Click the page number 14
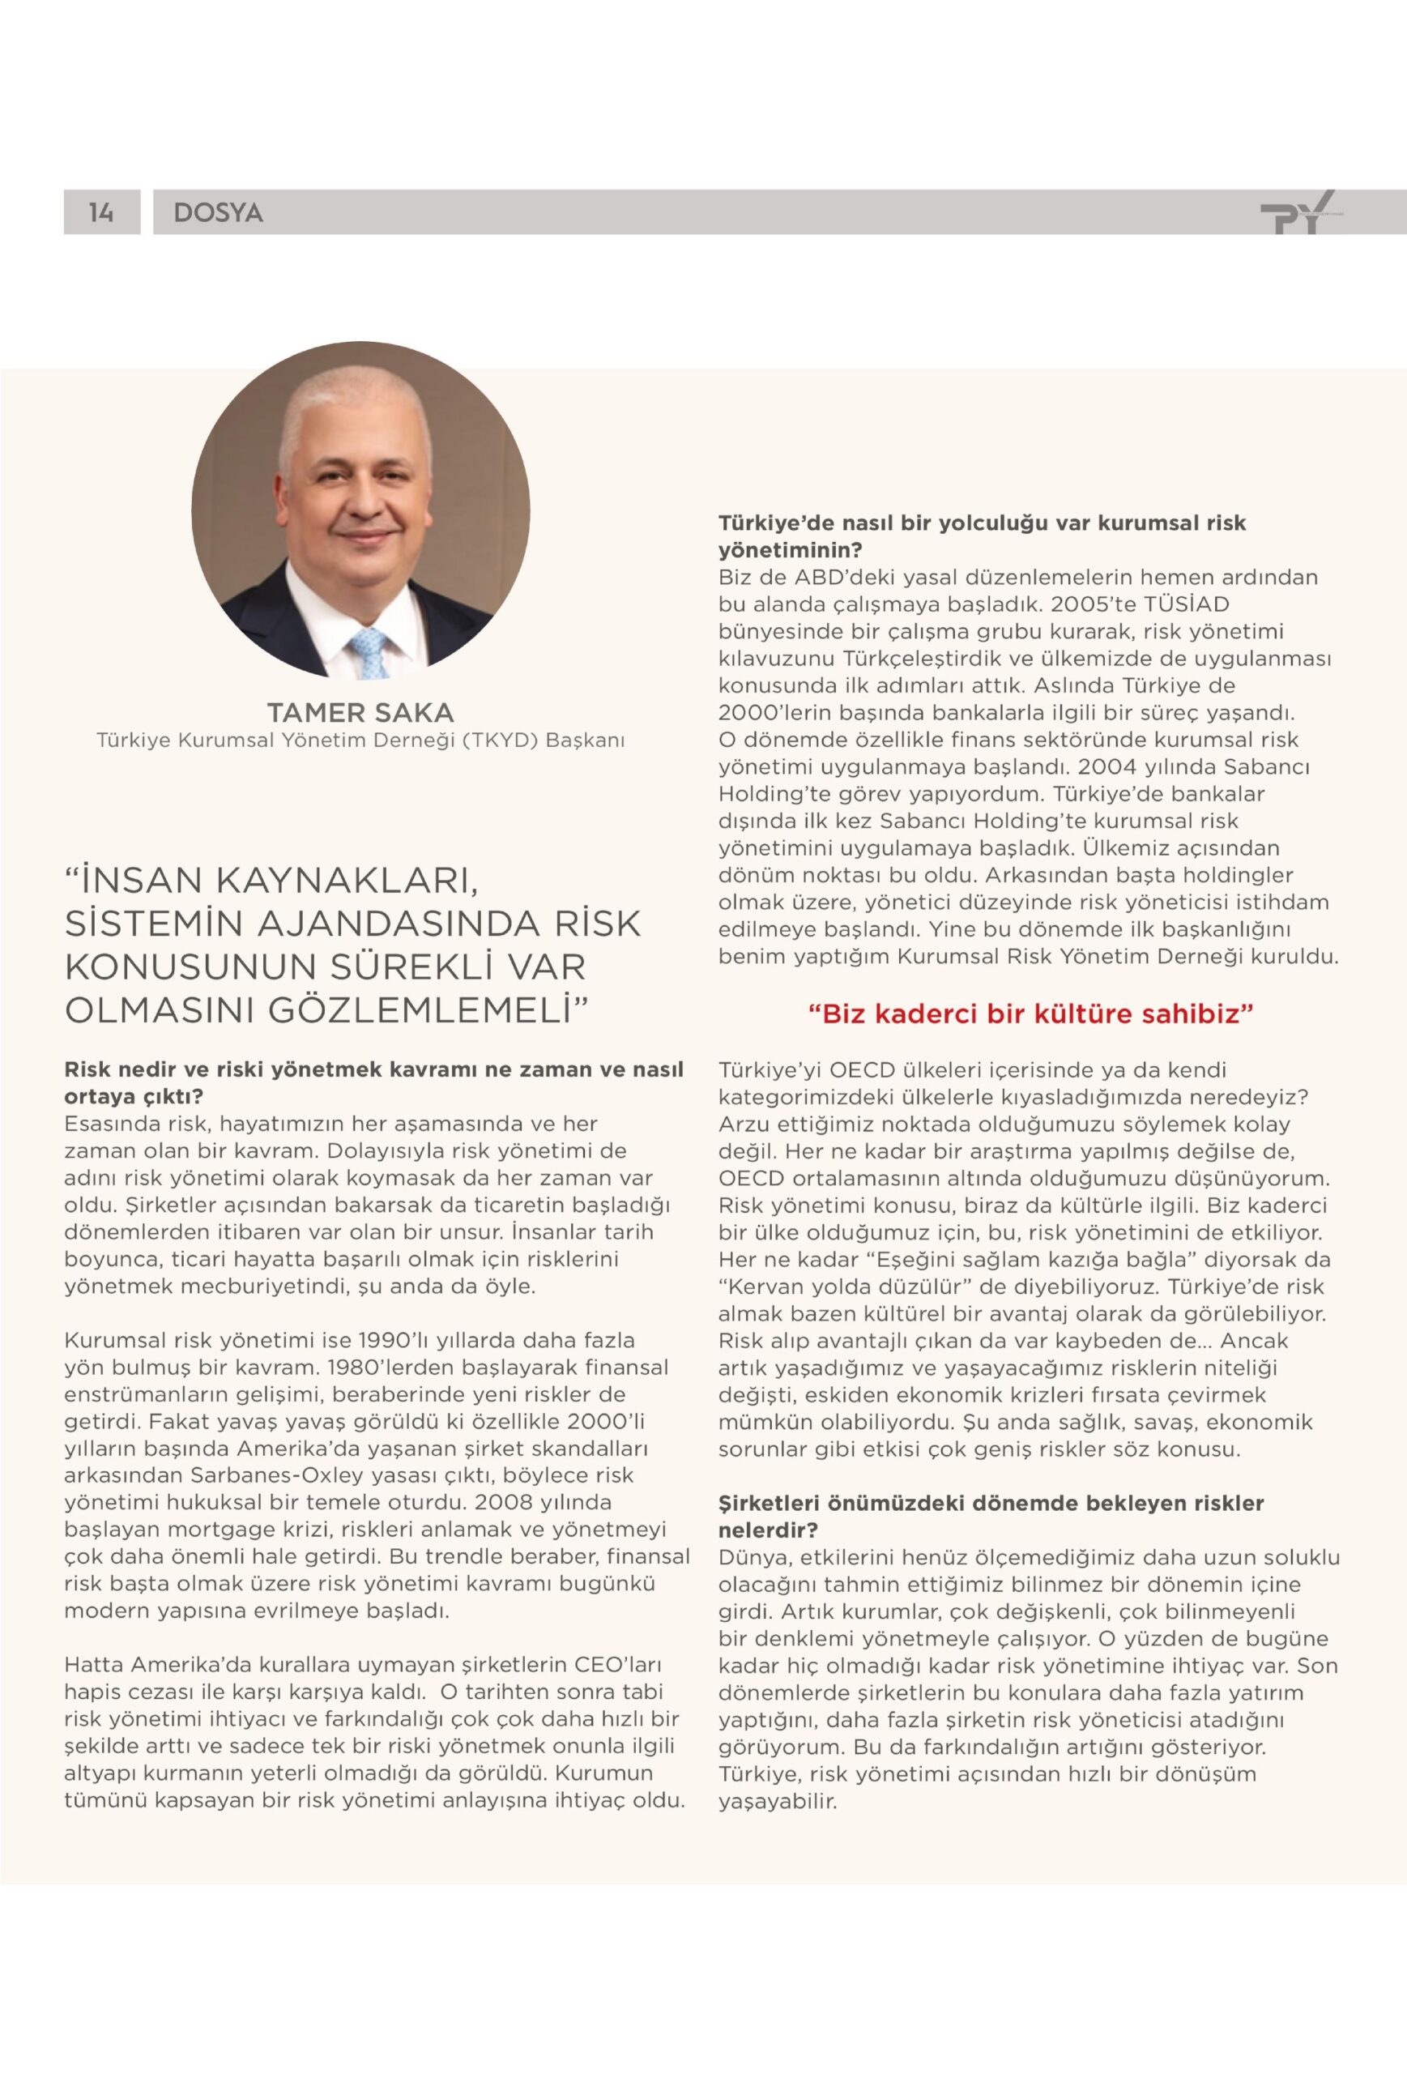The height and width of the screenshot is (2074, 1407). point(100,212)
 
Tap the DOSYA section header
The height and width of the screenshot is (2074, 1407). point(218,212)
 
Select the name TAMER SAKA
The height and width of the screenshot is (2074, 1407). point(360,712)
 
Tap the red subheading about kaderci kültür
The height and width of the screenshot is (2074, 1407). point(1030,1014)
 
